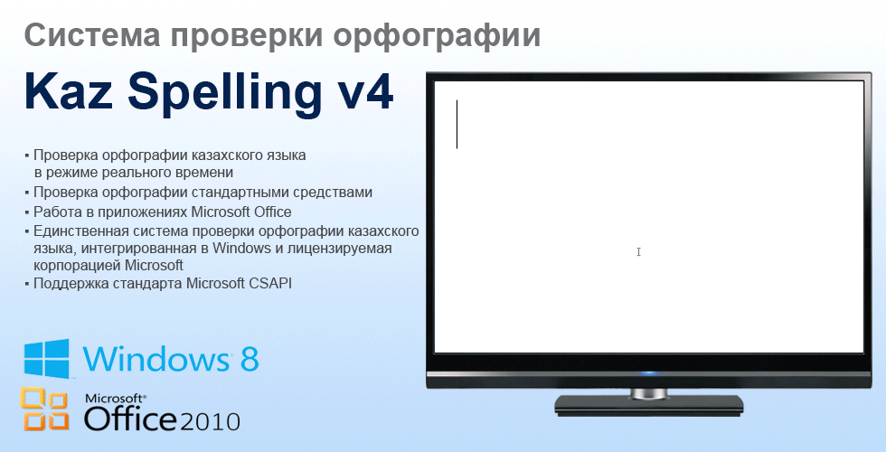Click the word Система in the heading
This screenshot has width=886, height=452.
tap(92, 35)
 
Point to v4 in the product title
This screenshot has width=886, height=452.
tap(366, 91)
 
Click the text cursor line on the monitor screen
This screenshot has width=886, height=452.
tap(457, 125)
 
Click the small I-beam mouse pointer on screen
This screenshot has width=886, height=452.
tap(638, 252)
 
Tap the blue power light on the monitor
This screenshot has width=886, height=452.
tap(648, 373)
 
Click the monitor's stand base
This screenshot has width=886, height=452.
tap(648, 405)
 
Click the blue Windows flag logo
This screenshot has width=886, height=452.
tap(46, 358)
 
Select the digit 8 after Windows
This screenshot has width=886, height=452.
tap(250, 358)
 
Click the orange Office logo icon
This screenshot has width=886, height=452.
tap(44, 409)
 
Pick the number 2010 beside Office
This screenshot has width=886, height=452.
tap(210, 421)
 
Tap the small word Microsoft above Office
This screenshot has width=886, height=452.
tap(116, 399)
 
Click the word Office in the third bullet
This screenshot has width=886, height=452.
tap(273, 212)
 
